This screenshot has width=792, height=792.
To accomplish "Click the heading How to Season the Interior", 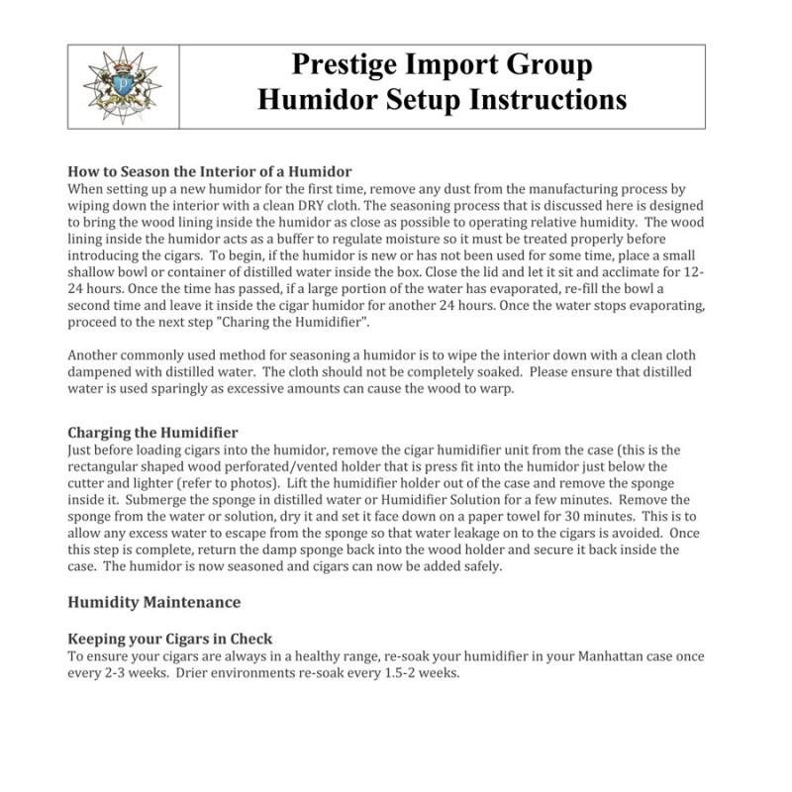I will coord(210,171).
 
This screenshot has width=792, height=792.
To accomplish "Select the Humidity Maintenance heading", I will coord(153,601).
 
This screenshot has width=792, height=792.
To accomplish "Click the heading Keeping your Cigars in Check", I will coord(169,639).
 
